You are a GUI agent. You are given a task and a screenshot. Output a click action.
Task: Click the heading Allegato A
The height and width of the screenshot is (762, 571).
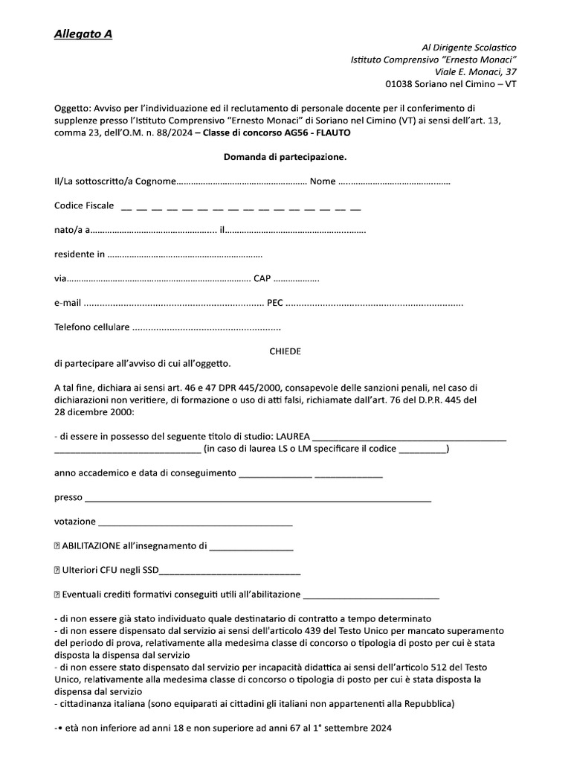tap(83, 34)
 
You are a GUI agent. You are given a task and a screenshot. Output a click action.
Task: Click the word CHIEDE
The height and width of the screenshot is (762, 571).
tap(285, 351)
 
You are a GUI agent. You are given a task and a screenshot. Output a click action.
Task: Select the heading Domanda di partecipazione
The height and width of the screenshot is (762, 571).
tap(285, 157)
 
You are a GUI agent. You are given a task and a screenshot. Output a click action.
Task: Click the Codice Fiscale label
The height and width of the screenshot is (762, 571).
tap(84, 205)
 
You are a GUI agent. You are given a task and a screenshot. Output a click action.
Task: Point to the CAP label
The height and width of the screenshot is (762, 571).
tap(262, 278)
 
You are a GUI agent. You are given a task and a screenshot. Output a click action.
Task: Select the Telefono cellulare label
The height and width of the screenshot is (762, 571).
tap(92, 327)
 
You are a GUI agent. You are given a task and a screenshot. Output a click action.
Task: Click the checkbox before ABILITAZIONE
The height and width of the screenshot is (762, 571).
tap(57, 546)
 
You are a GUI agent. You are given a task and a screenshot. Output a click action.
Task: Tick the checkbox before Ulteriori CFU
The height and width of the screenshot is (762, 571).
tap(57, 570)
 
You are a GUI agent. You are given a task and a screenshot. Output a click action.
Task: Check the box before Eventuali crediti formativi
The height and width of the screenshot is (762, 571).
tap(57, 594)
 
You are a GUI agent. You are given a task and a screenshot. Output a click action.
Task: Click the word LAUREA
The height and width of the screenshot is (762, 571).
tap(294, 436)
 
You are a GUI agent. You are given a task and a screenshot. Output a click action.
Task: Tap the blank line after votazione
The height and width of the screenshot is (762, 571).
tap(195, 522)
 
